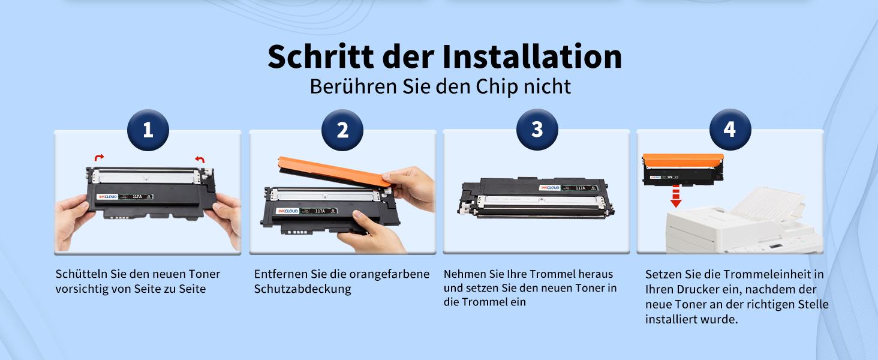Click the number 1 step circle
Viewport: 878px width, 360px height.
click(148, 130)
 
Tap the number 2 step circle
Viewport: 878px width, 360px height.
click(342, 130)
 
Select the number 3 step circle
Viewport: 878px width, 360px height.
click(537, 130)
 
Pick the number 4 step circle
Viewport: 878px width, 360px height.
click(730, 130)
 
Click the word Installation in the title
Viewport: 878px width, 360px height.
click(533, 56)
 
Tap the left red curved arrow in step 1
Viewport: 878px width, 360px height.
click(99, 157)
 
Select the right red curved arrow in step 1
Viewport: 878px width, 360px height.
click(200, 159)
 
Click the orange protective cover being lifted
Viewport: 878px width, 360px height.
click(335, 171)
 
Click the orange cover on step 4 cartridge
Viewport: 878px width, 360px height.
click(683, 160)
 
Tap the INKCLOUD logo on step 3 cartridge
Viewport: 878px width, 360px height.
click(550, 188)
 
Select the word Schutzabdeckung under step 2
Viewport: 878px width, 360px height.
click(303, 289)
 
